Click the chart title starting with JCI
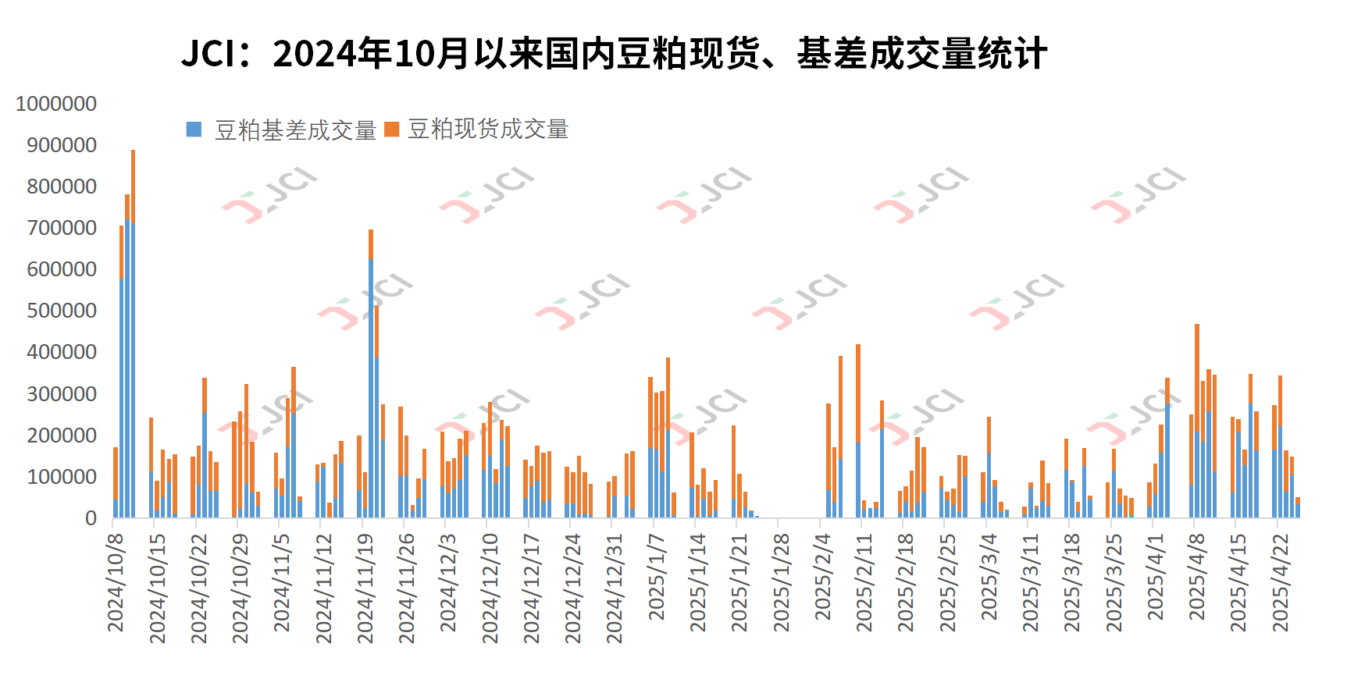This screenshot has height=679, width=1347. coord(614,53)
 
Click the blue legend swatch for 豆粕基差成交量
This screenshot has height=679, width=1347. coord(194,130)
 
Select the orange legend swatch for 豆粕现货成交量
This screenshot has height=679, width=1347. coord(392,130)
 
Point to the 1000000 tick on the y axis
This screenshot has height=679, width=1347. coord(56,104)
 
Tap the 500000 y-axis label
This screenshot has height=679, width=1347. coord(62,311)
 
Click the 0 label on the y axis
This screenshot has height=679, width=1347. coord(91,518)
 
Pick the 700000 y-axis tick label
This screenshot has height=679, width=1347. coord(62,228)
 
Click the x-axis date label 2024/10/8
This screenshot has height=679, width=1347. coord(116,582)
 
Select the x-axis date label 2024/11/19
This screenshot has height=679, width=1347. coord(365,588)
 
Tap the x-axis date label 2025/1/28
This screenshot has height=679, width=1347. coord(781,582)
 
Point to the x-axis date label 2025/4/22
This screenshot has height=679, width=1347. coord(1281,582)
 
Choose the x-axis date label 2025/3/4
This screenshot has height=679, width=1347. coord(989,578)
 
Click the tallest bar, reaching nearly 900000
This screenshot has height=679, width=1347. coord(133,336)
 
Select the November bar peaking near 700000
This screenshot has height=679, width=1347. coord(371,375)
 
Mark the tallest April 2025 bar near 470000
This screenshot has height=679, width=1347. coord(1196,421)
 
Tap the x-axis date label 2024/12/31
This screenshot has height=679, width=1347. coord(615,588)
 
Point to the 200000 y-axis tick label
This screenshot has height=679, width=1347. coord(62,435)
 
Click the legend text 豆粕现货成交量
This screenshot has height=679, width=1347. coord(488,130)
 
